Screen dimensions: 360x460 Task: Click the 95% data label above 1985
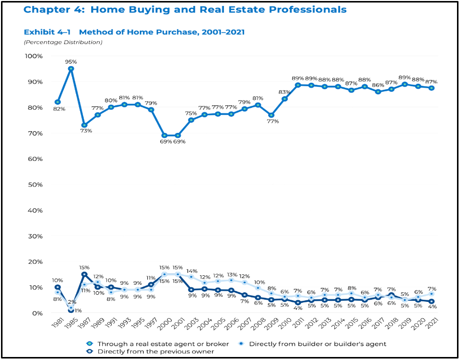71,62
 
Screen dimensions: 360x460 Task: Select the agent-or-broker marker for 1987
84,125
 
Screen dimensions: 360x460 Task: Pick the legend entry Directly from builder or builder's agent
317,343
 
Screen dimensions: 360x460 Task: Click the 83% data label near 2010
285,92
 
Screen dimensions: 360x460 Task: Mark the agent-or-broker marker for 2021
431,88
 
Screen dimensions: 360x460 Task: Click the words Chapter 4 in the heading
47,10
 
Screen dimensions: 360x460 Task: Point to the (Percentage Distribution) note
63,42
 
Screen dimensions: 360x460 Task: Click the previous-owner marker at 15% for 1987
84,274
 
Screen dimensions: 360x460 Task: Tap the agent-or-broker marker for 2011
298,85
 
